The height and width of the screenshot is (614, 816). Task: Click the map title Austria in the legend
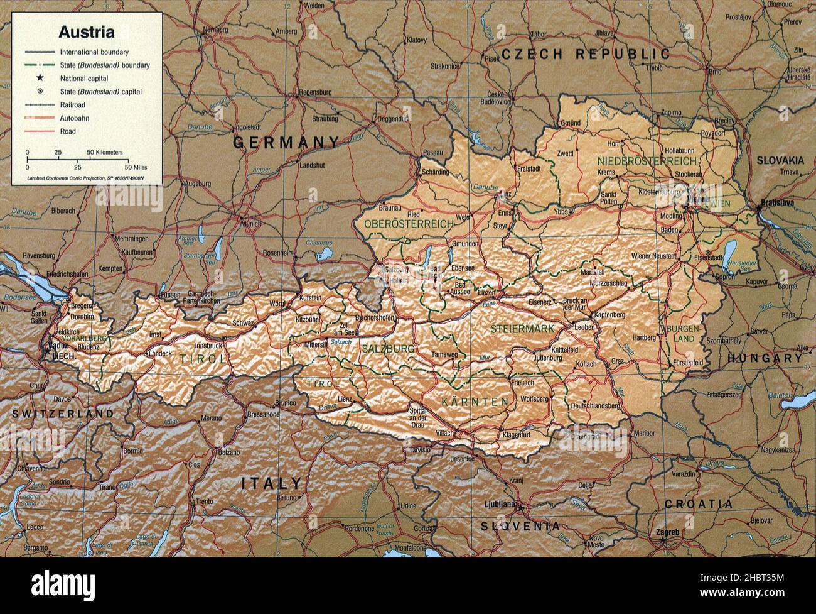tap(86, 31)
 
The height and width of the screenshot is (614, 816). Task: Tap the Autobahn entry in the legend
tap(73, 118)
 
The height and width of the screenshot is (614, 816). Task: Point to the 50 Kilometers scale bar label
tap(104, 153)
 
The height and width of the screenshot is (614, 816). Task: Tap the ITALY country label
tap(272, 483)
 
